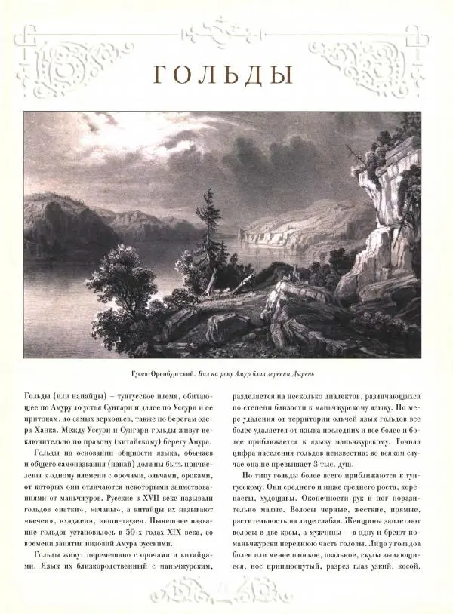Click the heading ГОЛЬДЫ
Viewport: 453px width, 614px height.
(x=223, y=75)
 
